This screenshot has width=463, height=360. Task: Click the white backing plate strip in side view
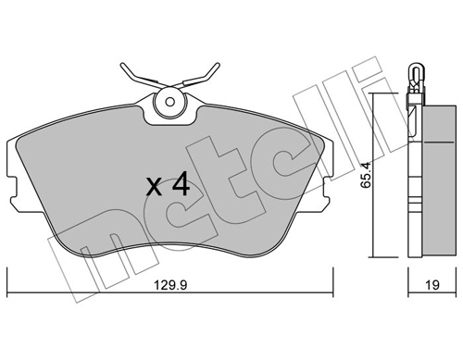(x=413, y=176)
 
